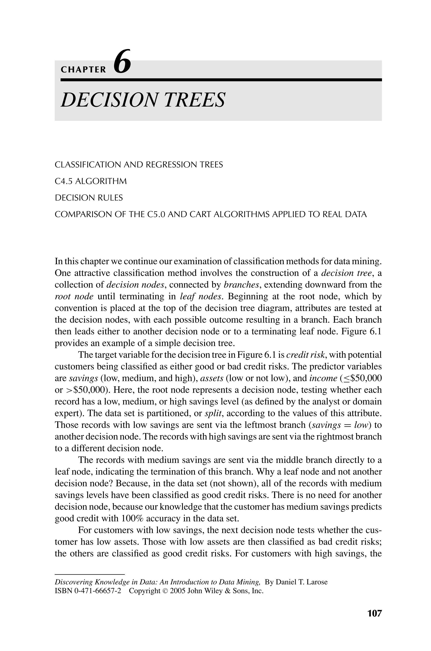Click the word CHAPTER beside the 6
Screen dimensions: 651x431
[83, 70]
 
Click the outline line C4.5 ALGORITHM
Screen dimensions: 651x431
[91, 181]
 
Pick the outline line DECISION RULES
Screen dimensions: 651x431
[89, 198]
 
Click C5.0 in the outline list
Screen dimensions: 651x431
[156, 214]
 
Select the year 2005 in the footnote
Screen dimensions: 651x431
[178, 591]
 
